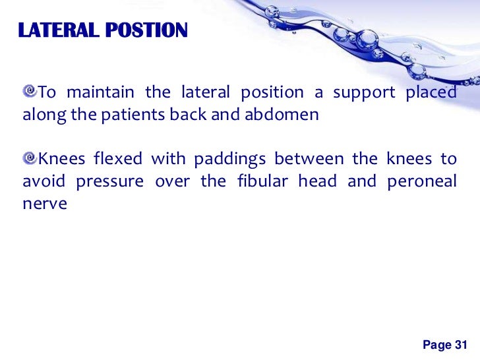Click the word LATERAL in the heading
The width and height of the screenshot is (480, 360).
tap(52, 30)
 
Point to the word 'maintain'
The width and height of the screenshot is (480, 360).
tap(100, 92)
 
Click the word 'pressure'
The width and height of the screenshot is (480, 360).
tap(110, 182)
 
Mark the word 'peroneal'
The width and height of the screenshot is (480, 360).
tap(425, 181)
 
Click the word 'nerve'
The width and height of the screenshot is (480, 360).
tap(45, 204)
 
